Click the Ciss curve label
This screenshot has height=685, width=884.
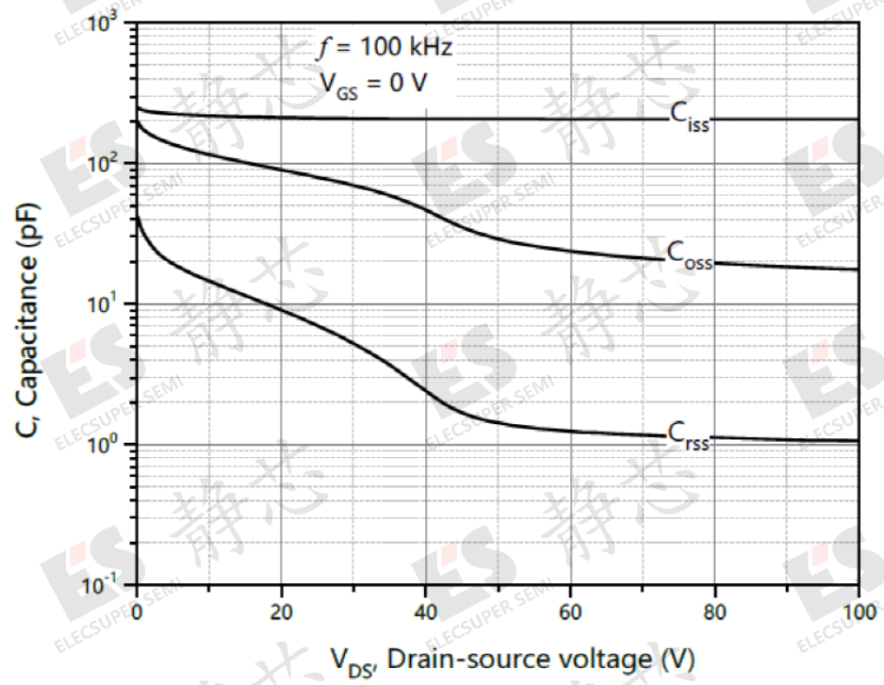(x=689, y=116)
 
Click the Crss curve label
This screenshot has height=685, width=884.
(x=688, y=434)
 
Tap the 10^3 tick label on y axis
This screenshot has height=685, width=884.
(x=111, y=24)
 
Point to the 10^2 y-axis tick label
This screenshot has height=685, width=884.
(x=111, y=164)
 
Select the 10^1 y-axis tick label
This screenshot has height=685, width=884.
(x=111, y=304)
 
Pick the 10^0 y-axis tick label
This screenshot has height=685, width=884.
(x=111, y=445)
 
